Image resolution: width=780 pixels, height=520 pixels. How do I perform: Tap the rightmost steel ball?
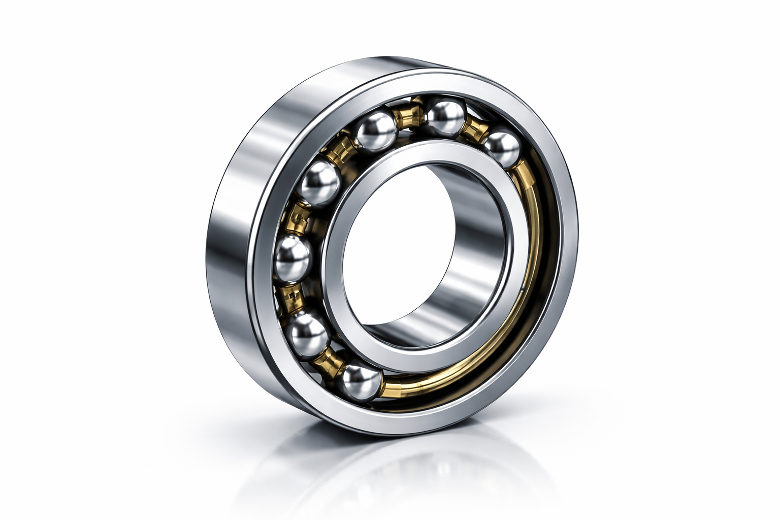tap(502, 148)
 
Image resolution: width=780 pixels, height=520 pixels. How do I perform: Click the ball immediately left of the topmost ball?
tap(377, 132)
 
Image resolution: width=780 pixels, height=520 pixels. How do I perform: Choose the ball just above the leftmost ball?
tap(319, 183)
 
